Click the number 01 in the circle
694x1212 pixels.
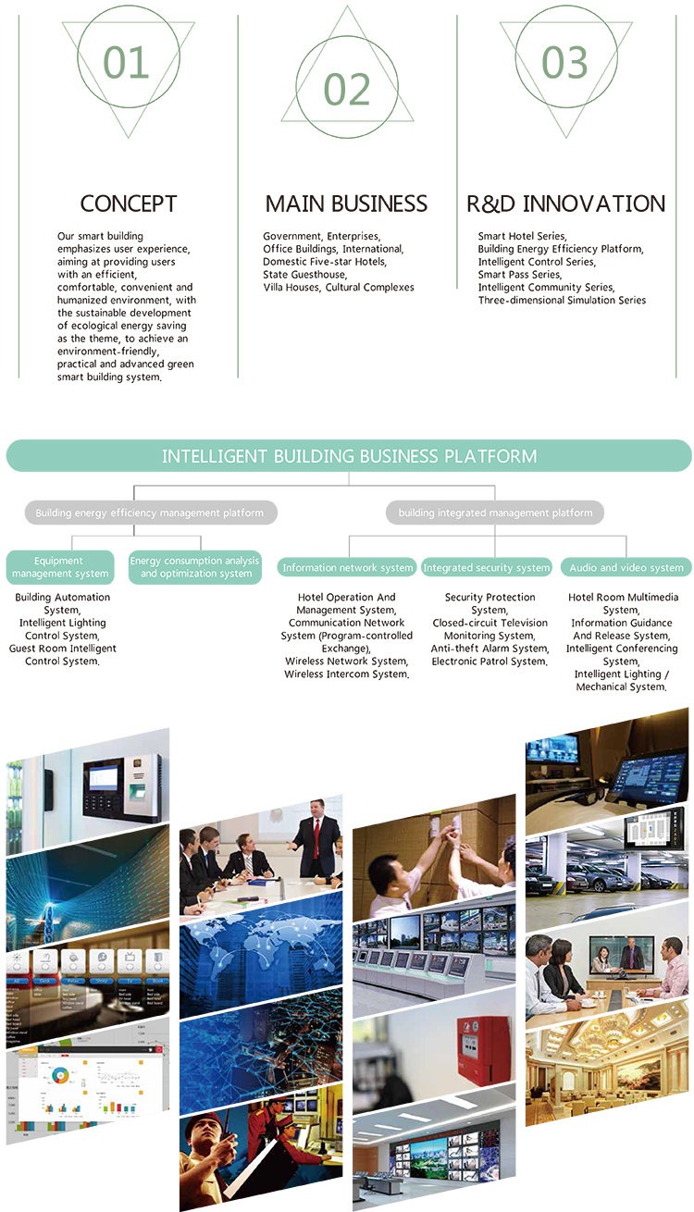127,62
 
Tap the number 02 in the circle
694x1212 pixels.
346,90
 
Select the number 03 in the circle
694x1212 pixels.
564,62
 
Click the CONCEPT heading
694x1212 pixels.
128,204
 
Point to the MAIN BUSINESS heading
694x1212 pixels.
346,204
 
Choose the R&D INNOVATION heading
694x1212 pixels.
565,204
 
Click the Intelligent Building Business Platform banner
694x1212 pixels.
349,456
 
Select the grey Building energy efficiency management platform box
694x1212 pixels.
150,513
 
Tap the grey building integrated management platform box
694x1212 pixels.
495,513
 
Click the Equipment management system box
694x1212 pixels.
59,567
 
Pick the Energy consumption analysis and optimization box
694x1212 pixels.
195,567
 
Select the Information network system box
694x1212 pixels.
348,567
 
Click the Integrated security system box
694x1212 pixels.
486,567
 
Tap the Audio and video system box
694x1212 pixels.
626,567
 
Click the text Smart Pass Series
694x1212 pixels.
519,275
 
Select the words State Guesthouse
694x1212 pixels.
304,275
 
